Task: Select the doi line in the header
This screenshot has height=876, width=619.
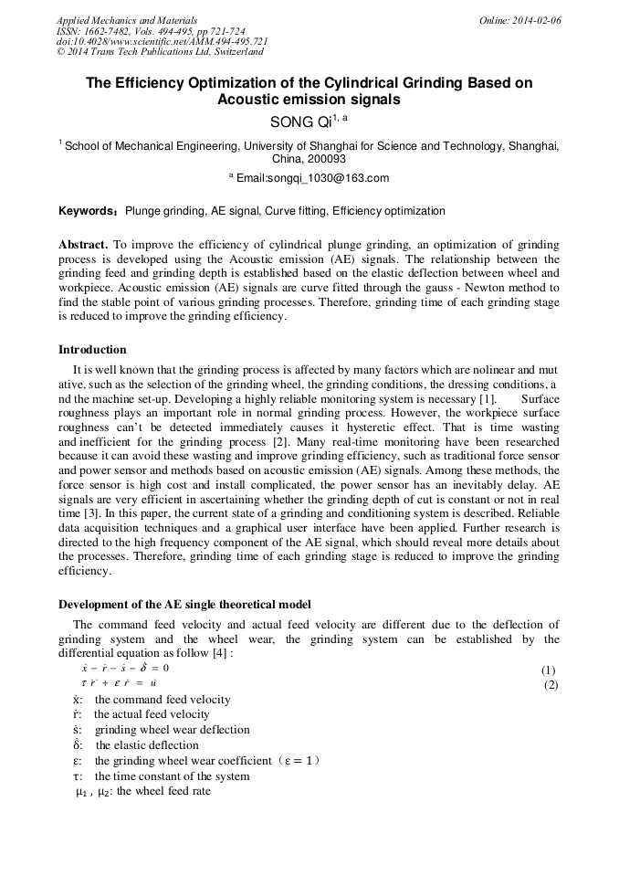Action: coord(162,42)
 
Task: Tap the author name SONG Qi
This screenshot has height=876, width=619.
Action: coord(300,121)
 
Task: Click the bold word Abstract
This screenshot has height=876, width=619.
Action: coord(83,245)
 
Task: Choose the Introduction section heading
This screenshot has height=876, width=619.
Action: coord(92,350)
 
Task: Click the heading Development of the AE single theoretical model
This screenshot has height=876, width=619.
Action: coord(184,605)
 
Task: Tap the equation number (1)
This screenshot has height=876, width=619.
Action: coord(548,670)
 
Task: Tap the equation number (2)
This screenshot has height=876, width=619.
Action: coord(551,684)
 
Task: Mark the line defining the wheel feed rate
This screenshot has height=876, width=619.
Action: coord(143,792)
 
